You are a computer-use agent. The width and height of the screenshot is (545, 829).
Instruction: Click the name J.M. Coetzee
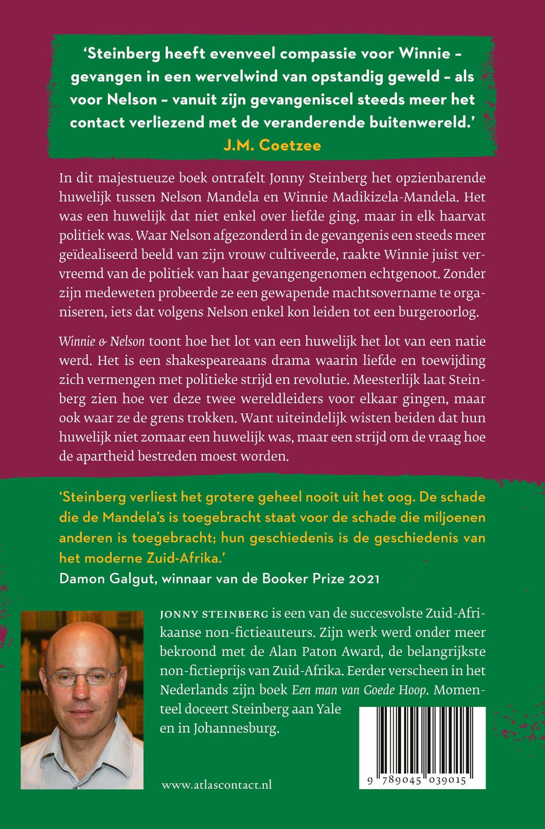272,145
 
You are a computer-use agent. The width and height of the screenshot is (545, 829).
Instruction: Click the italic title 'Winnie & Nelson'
101,341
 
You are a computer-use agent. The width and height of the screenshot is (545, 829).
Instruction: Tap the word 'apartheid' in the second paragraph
107,456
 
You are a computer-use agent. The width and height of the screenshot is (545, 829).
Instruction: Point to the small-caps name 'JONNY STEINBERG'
214,614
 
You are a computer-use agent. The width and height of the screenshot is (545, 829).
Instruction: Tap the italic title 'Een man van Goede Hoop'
359,690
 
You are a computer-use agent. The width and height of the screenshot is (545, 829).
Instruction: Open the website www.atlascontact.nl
217,784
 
